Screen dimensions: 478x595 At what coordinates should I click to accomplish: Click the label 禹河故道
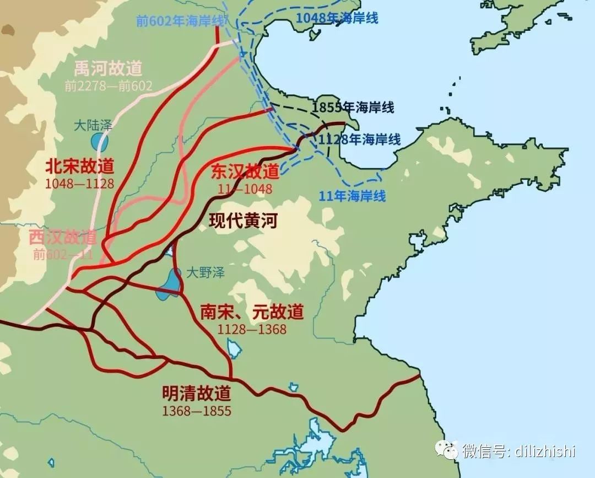pyautogui.click(x=109, y=68)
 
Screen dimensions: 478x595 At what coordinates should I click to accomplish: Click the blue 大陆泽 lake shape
pyautogui.click(x=100, y=142)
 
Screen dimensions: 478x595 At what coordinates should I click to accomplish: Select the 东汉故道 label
pyautogui.click(x=245, y=172)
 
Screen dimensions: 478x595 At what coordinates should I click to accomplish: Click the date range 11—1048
pyautogui.click(x=245, y=189)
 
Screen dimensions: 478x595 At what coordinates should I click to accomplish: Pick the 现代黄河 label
pyautogui.click(x=243, y=222)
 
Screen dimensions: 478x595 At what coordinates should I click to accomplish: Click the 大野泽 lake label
pyautogui.click(x=204, y=272)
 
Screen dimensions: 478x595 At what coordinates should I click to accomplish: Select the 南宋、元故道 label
pyautogui.click(x=252, y=312)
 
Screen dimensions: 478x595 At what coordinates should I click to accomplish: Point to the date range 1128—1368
pyautogui.click(x=252, y=329)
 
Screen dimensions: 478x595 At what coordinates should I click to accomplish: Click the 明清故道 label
pyautogui.click(x=197, y=394)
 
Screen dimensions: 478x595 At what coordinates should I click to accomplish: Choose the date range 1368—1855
pyautogui.click(x=197, y=411)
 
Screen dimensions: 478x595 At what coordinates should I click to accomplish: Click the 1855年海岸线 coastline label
pyautogui.click(x=353, y=107)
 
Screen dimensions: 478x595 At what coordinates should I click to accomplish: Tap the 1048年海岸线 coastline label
pyautogui.click(x=337, y=18)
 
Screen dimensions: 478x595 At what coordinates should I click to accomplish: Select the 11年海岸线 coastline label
pyautogui.click(x=352, y=195)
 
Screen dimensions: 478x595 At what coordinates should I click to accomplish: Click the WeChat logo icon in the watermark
pyautogui.click(x=447, y=450)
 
